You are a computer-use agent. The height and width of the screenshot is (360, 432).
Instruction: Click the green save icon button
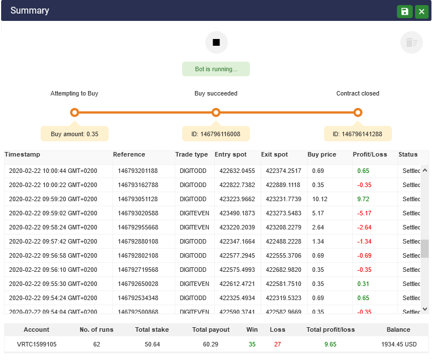pos(404,11)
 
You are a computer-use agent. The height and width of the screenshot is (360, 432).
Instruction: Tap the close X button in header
pos(421,11)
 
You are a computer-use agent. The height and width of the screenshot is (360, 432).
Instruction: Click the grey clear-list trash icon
pos(411,42)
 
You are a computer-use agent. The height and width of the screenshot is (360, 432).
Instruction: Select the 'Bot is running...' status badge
pos(215,69)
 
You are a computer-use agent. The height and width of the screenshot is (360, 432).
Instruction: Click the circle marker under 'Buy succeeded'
pos(215,112)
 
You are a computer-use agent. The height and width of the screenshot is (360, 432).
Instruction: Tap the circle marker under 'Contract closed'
pos(357,112)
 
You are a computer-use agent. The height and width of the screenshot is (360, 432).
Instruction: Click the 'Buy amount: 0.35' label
pos(75,134)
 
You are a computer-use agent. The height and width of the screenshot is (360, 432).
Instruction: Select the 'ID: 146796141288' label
pos(357,134)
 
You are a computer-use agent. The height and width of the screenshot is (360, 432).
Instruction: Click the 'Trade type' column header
pos(191,154)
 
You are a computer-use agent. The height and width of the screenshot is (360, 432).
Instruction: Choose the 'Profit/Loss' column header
pos(370,154)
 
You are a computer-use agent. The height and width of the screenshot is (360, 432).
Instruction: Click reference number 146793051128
pos(137,199)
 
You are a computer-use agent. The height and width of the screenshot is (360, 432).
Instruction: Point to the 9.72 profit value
pos(363,199)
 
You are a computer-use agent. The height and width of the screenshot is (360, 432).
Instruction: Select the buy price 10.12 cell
pos(319,199)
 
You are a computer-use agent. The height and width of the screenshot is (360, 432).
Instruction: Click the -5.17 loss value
pos(364,213)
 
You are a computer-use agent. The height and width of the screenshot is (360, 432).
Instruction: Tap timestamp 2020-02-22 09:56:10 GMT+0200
pos(53,270)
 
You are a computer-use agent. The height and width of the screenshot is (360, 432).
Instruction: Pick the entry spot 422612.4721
pos(237,284)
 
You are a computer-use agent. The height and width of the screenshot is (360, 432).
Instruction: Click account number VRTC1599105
pos(37,344)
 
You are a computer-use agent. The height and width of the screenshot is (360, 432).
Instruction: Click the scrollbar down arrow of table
pos(425,309)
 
